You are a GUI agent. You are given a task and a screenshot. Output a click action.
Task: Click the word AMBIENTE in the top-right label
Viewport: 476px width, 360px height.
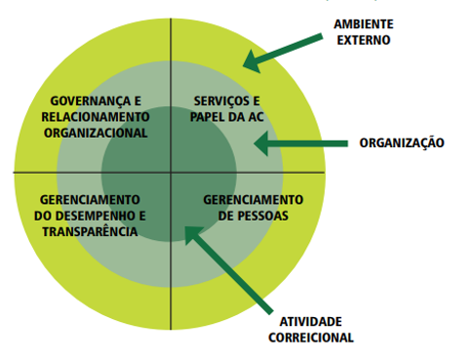tap(364, 24)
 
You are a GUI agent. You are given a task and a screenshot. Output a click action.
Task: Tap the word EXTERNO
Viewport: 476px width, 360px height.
tap(364, 40)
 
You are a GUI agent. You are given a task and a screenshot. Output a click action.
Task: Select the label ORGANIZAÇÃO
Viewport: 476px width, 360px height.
tap(402, 143)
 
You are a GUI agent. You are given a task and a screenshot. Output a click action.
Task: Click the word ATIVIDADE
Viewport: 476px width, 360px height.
tap(311, 322)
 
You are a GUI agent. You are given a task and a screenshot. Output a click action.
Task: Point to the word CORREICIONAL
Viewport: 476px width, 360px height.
tap(311, 338)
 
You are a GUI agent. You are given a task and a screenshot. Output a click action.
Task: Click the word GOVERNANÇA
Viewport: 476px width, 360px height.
tap(87, 100)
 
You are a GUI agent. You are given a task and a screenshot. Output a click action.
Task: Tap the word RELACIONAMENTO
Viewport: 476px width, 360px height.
tap(96, 117)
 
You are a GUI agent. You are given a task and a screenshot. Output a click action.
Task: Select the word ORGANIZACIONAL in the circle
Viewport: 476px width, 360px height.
tap(96, 133)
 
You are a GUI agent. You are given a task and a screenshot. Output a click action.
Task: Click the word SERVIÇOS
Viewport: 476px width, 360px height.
tap(218, 100)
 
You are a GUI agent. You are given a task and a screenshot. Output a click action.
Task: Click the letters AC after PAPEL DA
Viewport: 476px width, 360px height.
tap(256, 117)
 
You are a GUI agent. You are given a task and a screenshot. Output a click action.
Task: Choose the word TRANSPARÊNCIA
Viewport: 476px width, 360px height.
tap(90, 231)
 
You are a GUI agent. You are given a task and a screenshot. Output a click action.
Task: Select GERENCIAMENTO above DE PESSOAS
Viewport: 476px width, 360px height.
tap(254, 200)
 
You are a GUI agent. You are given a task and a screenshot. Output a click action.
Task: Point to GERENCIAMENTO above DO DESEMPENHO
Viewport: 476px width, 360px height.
tap(90, 200)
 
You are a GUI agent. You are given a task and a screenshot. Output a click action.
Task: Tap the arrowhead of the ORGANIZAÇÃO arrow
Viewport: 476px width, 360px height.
tap(260, 143)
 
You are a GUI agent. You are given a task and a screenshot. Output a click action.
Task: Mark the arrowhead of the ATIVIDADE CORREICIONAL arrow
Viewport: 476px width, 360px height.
tap(192, 234)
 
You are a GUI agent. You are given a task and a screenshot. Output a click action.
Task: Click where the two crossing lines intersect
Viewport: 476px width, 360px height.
tap(171, 173)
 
